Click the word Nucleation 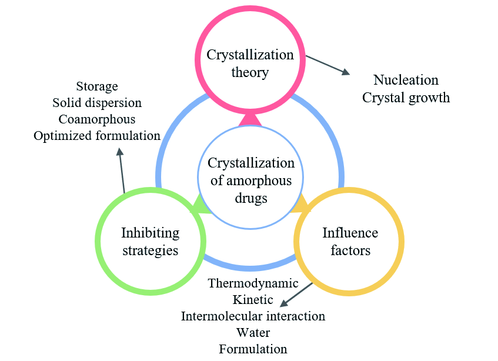point(406,80)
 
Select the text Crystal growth point(406,98)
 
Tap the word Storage point(97,86)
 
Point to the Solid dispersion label point(97,103)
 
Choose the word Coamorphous point(97,119)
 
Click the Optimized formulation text point(97,136)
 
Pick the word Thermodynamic point(253,283)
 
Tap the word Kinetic point(253,300)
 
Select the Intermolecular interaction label point(253,316)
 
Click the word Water point(253,333)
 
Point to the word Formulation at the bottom point(253,349)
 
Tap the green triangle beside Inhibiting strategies point(200,205)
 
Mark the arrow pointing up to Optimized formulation point(122,170)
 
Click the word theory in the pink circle point(250,73)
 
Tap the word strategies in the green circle point(150,250)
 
